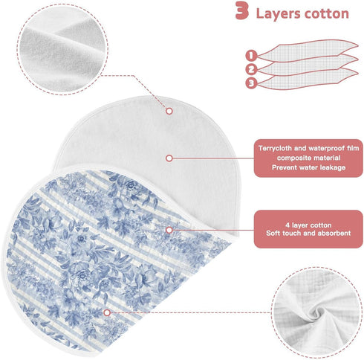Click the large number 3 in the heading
click(x=242, y=10)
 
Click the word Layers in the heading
click(x=278, y=14)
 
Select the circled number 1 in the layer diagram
click(x=251, y=56)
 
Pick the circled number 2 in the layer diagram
click(x=251, y=69)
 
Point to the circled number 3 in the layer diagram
click(x=251, y=83)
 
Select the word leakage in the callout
click(x=333, y=167)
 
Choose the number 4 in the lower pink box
click(x=287, y=225)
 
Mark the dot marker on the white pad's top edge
click(x=169, y=111)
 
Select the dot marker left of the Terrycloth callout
click(x=169, y=158)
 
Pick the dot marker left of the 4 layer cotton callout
click(x=169, y=230)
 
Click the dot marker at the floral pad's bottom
click(x=107, y=312)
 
